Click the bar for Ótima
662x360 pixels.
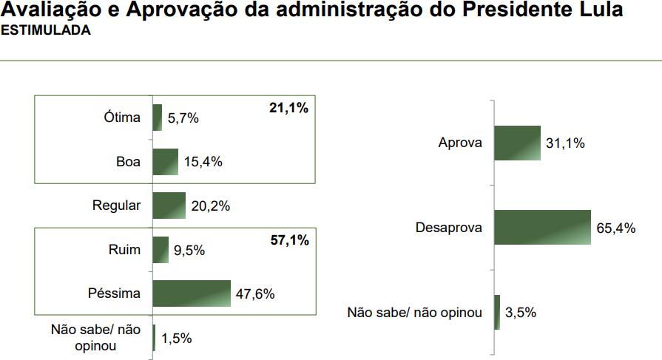point(157,118)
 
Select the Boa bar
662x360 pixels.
point(166,162)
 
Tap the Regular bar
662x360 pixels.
point(169,206)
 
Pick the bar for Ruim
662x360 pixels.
point(161,250)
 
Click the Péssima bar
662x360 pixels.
point(192,293)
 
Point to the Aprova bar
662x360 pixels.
point(517,143)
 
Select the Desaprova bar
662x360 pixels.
point(542,228)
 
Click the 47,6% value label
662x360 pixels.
point(255,293)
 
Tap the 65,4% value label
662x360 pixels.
point(616,228)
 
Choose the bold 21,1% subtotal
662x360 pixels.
point(288,108)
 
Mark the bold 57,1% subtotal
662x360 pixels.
point(290,240)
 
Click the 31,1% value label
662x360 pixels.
point(565,143)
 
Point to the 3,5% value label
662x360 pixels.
point(521,313)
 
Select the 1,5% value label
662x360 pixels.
point(177,338)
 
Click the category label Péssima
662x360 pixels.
point(114,293)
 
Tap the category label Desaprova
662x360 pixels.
point(448,228)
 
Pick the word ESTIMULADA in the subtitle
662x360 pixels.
point(46,30)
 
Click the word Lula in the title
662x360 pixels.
point(601,10)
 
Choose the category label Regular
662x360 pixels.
point(116,206)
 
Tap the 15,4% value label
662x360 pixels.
point(203,162)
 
